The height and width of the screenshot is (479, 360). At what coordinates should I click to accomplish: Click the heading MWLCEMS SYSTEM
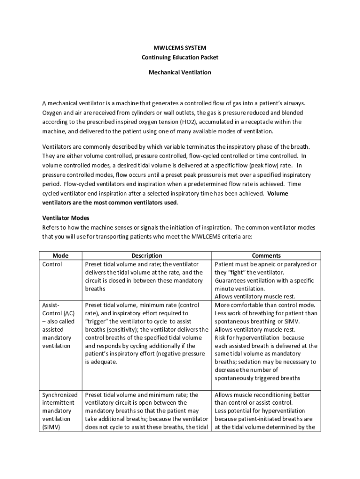[x=180, y=48]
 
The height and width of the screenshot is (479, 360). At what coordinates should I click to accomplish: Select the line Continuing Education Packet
[x=180, y=58]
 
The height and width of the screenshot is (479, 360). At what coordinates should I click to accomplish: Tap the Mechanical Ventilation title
[x=180, y=73]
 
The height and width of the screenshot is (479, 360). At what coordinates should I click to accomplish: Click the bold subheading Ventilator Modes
[x=65, y=218]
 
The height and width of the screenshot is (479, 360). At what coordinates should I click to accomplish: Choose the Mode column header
[x=60, y=255]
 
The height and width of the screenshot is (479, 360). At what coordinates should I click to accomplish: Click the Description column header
[x=147, y=255]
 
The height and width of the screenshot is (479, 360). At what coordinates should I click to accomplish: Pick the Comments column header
[x=266, y=255]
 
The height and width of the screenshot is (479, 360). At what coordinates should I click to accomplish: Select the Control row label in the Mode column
[x=52, y=264]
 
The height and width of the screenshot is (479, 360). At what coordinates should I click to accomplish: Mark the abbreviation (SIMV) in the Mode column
[x=51, y=427]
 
